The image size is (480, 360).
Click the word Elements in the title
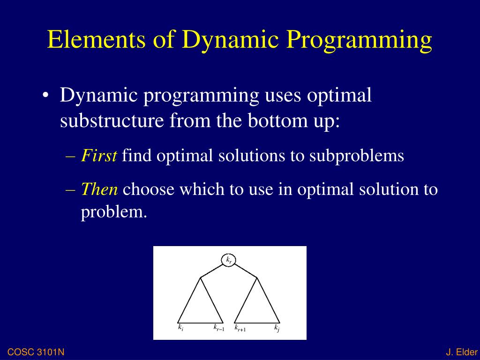97,39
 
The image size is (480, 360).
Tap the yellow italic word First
99,155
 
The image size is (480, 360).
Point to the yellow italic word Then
99,189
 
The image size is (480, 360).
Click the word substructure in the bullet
112,120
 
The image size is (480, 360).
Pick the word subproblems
357,156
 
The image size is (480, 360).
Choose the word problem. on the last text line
114,212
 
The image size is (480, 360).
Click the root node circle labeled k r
229,260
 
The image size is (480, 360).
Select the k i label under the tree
181,328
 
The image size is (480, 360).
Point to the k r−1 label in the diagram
219,328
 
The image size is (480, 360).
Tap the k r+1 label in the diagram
240,328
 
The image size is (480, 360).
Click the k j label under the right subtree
277,328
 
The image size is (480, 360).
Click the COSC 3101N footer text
36,352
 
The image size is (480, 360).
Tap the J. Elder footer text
462,352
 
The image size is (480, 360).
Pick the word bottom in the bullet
277,120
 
